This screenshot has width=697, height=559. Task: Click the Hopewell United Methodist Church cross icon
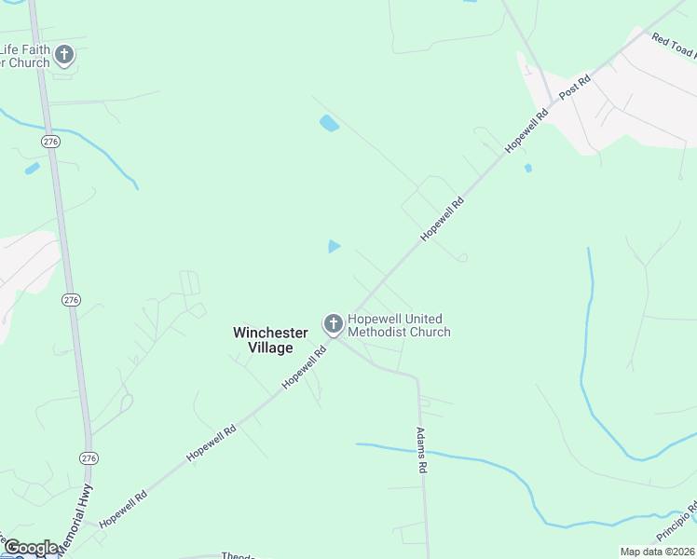point(334,324)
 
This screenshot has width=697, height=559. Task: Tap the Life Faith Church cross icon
point(64,55)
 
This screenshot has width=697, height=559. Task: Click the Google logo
point(31,548)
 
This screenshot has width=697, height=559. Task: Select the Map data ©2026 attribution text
point(656,552)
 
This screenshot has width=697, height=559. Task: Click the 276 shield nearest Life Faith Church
point(51,141)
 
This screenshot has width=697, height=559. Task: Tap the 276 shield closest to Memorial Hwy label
point(89,458)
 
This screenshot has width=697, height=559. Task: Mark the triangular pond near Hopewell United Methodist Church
point(334,246)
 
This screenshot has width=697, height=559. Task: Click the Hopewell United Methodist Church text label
point(399,325)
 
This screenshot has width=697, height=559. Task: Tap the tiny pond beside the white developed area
point(527,169)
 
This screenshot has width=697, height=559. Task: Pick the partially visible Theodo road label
point(238,555)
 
